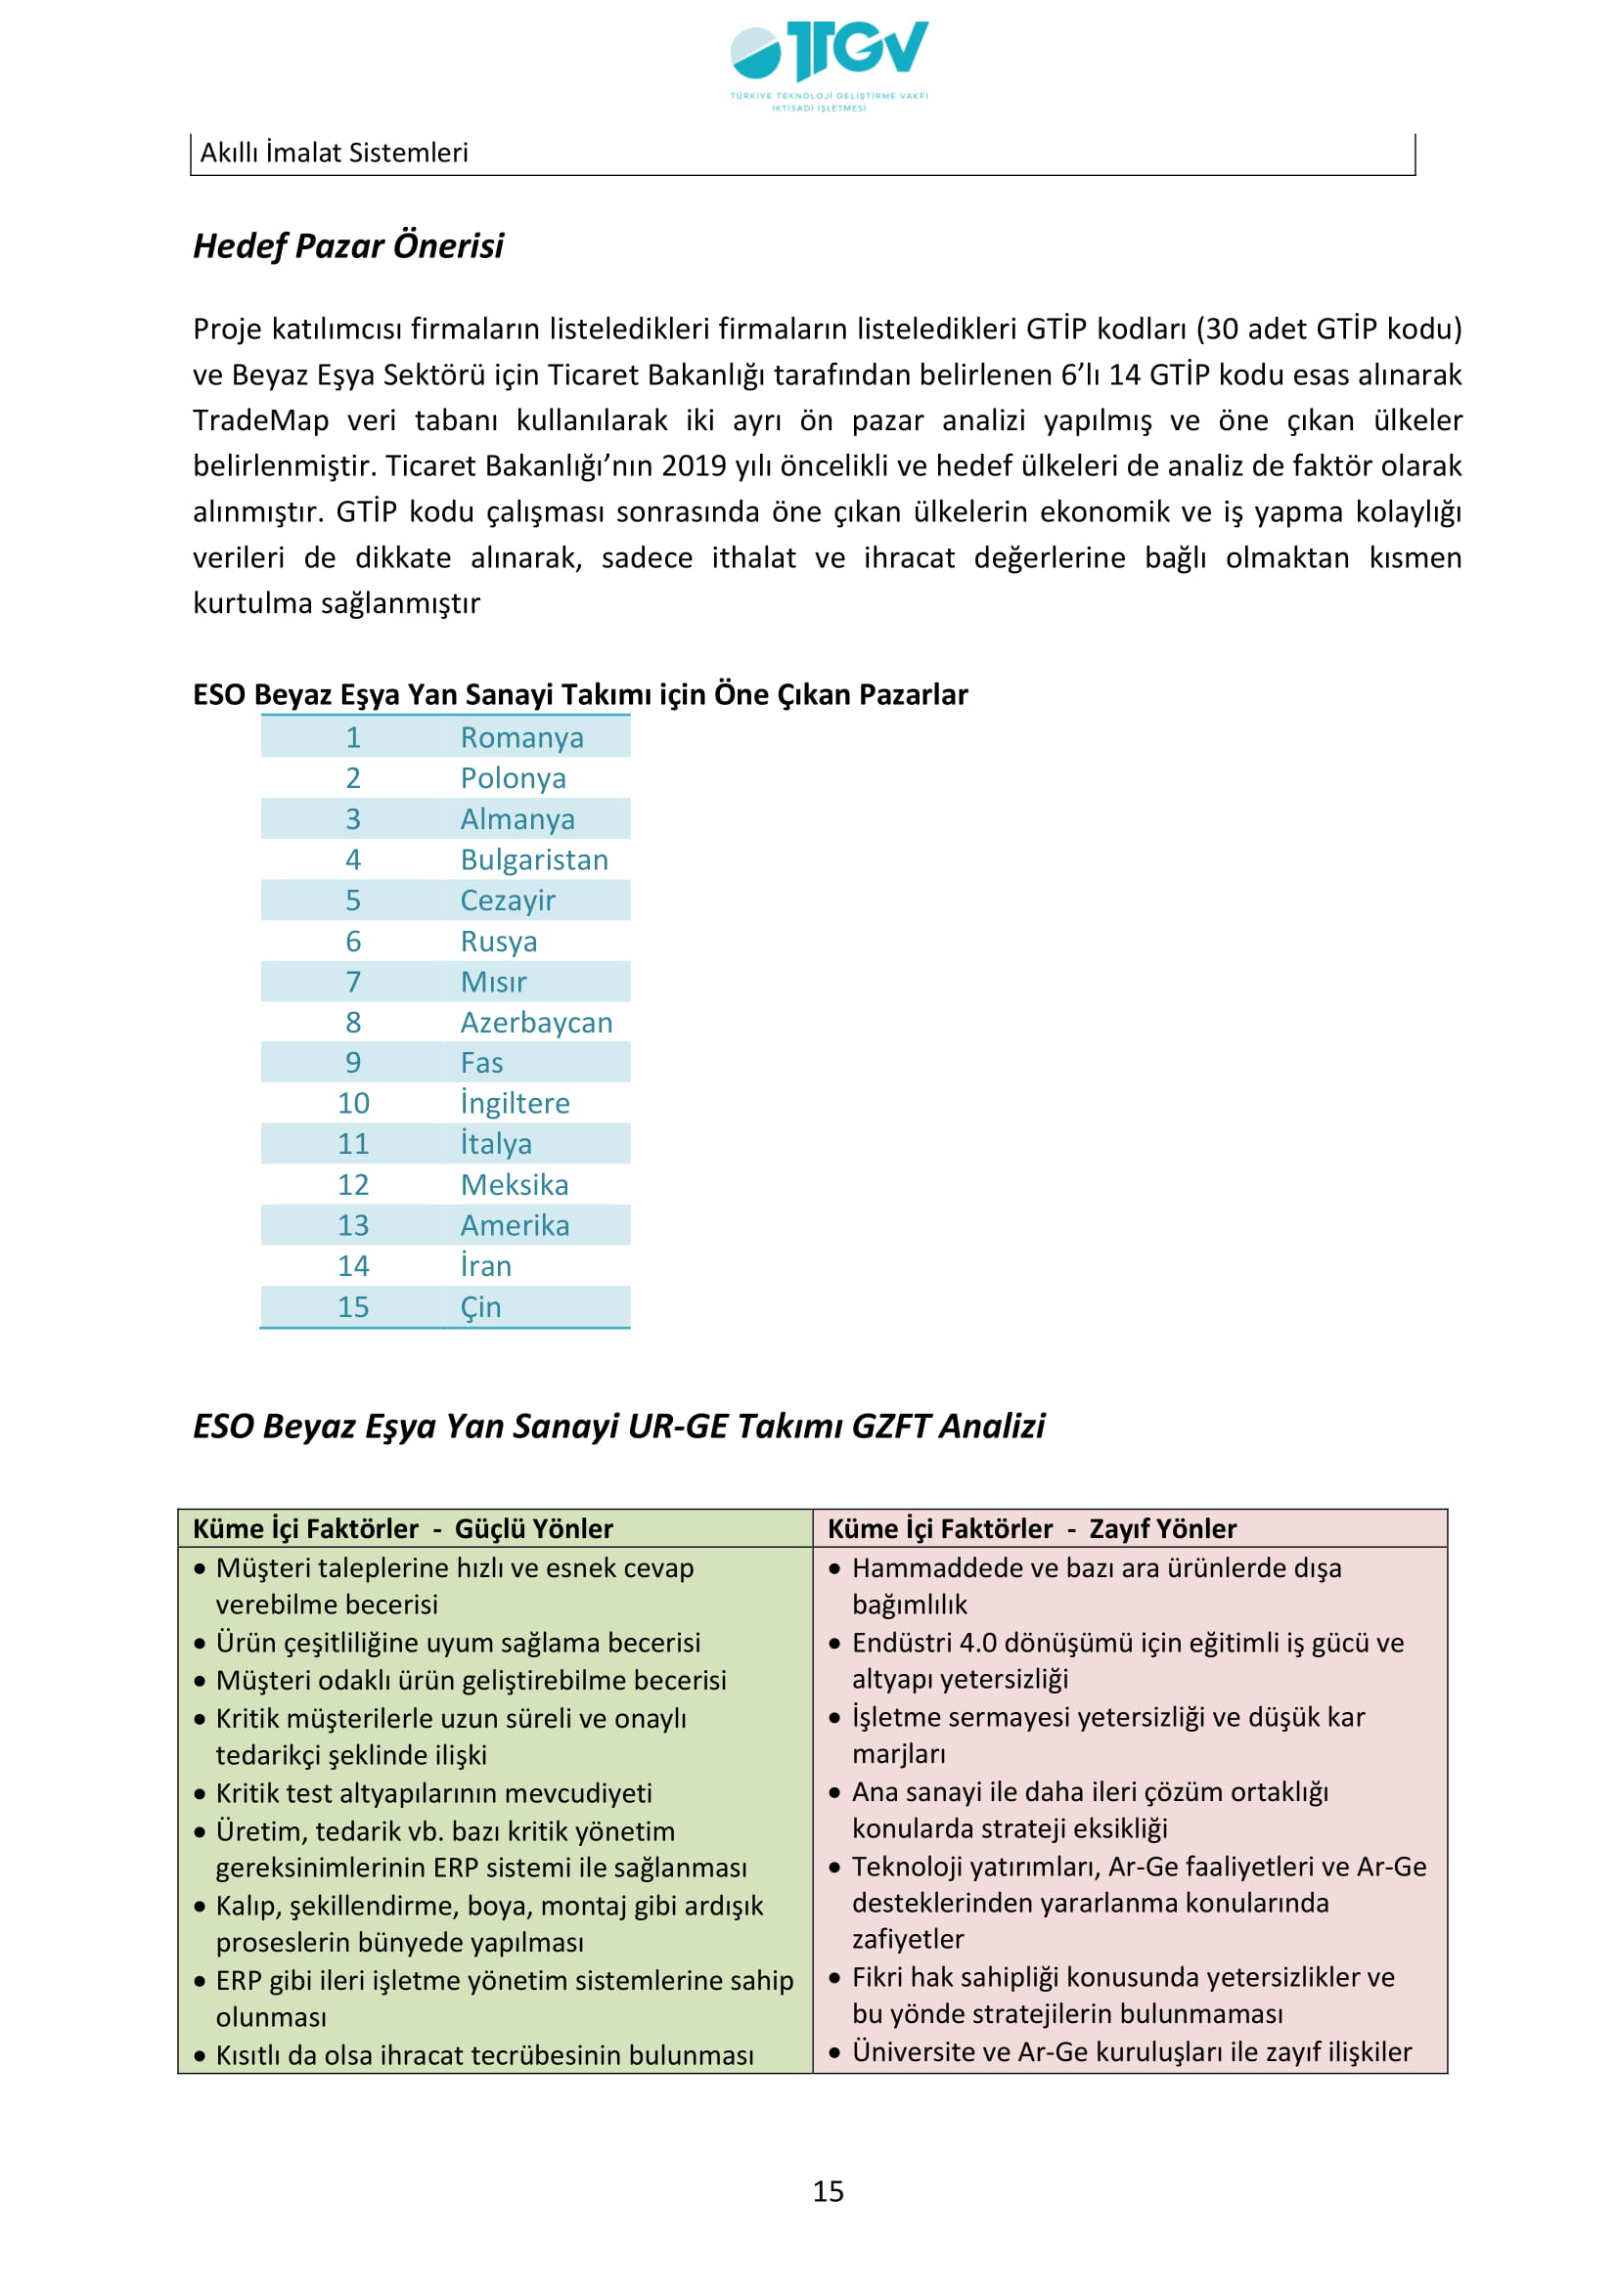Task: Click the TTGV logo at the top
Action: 828,62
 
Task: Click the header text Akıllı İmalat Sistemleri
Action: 334,153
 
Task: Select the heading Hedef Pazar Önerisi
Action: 347,245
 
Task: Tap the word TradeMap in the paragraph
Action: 260,420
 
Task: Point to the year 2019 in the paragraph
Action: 694,466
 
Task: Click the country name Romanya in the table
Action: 521,737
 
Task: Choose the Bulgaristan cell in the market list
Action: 534,859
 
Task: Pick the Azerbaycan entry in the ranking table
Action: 536,1022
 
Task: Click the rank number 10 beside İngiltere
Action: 353,1103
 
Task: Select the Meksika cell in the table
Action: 515,1184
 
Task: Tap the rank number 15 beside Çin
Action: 353,1307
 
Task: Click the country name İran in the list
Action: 485,1266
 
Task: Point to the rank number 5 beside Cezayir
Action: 353,901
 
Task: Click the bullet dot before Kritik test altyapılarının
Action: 201,1794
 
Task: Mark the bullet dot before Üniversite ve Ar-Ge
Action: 834,2053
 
